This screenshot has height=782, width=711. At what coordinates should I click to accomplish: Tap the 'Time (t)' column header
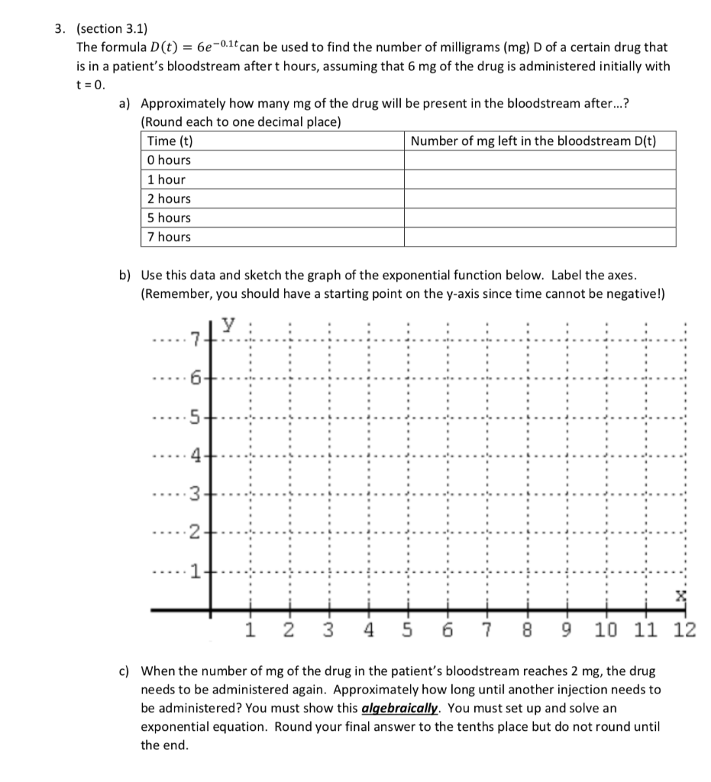point(170,141)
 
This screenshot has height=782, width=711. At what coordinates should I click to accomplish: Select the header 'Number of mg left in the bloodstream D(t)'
point(532,141)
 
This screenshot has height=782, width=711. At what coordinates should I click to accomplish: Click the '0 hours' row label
point(169,160)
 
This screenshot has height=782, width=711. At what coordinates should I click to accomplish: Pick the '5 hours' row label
point(169,218)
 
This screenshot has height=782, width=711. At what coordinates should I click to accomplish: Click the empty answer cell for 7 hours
point(539,237)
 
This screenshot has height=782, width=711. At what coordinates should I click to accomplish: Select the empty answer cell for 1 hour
point(539,179)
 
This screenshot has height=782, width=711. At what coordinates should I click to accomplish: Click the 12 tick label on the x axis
point(684,631)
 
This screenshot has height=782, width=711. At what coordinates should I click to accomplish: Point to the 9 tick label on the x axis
point(566,631)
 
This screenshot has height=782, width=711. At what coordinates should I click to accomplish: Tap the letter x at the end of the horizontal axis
point(680,594)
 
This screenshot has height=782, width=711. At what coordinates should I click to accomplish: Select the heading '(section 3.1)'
point(109,29)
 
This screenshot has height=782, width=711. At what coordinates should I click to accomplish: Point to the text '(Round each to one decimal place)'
point(241,122)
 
